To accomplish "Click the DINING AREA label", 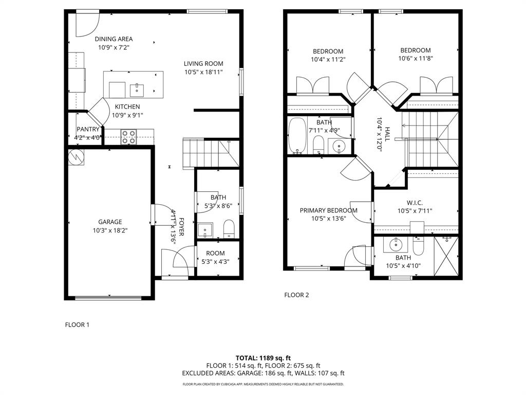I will [114, 39].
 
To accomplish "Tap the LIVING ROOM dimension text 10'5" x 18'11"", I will [203, 72].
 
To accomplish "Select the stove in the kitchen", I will [129, 136].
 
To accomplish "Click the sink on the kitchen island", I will [138, 89].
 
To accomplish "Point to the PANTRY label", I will [88, 129].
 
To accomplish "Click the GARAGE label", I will [110, 222].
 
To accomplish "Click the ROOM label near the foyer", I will [215, 253].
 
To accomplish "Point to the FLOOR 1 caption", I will [77, 325].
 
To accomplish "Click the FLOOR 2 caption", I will [296, 295].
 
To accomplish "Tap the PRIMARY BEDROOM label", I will [328, 210].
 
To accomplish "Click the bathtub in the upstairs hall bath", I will [297, 136].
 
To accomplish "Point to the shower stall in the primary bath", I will [445, 256].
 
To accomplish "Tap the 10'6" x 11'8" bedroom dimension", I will [415, 59].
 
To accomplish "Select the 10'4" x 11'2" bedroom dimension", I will [328, 60].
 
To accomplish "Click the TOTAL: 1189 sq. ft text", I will [263, 358].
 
